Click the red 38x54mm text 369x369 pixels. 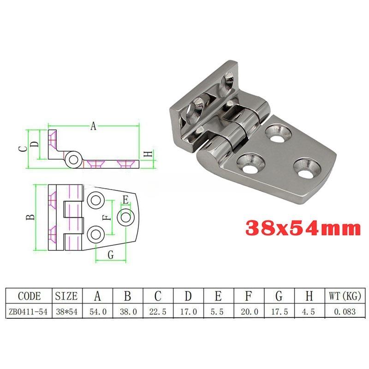point(303,228)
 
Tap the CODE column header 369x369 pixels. point(29,296)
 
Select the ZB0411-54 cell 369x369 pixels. point(28,312)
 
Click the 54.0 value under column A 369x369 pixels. point(98,312)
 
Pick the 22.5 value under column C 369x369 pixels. point(158,312)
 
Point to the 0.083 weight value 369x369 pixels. point(345,312)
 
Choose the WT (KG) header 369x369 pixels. point(345,296)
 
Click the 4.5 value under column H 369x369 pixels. point(308,312)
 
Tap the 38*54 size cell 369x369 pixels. point(66,312)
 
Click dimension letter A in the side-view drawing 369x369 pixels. point(94,126)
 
